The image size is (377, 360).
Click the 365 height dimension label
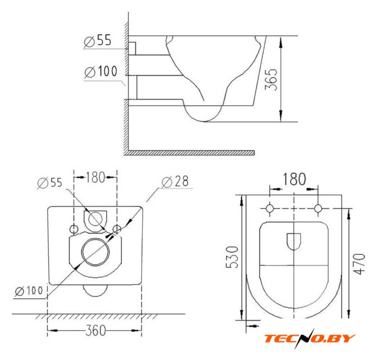click(271, 80)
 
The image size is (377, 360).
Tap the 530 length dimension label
click(232, 257)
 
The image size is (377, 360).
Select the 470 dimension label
click(359, 264)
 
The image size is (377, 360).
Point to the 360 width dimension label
click(96, 331)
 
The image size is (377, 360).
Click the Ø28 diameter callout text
click(175, 181)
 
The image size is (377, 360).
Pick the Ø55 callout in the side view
click(98, 40)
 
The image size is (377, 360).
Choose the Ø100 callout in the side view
click(101, 71)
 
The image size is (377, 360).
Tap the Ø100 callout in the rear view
click(29, 291)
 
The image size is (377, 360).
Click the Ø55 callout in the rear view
click(50, 182)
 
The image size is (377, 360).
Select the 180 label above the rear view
click(96, 177)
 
